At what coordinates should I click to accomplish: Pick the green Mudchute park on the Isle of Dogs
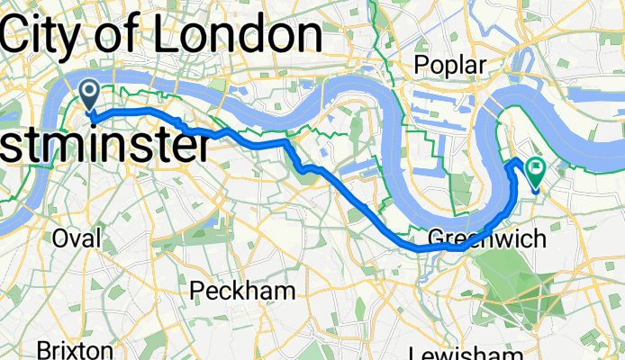(460, 189)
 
